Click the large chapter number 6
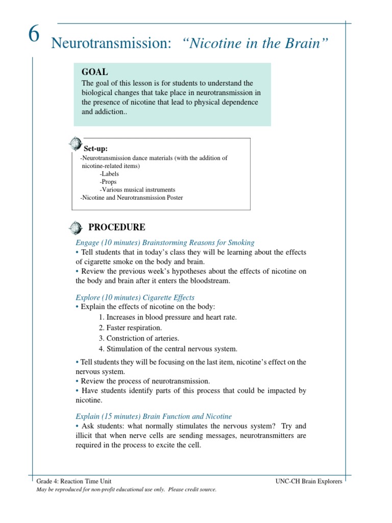click(x=33, y=36)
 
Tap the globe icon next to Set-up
click(x=75, y=143)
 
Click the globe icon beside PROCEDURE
click(x=75, y=227)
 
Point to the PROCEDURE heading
click(x=117, y=227)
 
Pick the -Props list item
click(x=108, y=182)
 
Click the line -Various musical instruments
click(x=137, y=189)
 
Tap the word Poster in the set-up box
click(x=173, y=198)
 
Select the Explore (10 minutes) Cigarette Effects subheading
click(x=135, y=297)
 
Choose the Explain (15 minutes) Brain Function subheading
click(x=153, y=416)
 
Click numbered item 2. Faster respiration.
click(x=130, y=327)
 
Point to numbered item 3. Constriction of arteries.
click(x=139, y=338)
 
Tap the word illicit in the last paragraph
click(x=85, y=435)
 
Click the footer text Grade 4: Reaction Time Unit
click(x=74, y=481)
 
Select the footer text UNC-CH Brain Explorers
click(x=309, y=481)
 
